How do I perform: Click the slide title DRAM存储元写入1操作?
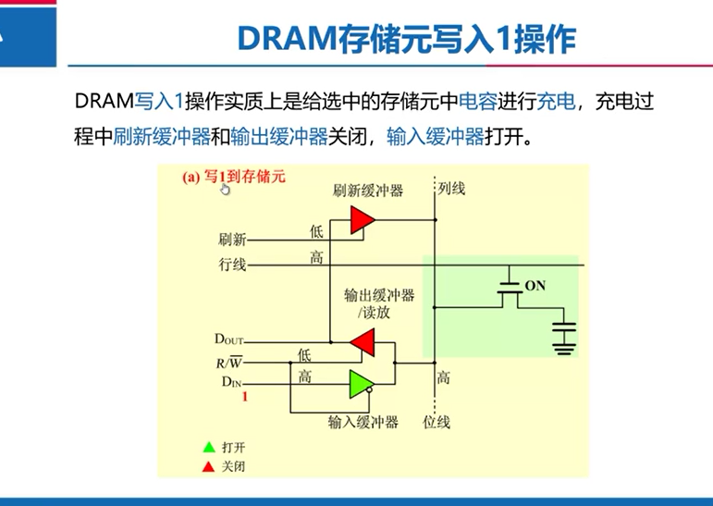coord(407,39)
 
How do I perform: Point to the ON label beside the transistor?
coord(535,286)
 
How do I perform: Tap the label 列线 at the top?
coord(451,189)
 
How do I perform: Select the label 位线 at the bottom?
coord(436,422)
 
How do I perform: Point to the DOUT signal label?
coord(228,340)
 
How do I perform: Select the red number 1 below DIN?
coord(244,397)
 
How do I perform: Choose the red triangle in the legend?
coord(208,466)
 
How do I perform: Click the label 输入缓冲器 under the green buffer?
coord(363,422)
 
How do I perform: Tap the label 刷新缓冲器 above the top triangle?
coord(368,191)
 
